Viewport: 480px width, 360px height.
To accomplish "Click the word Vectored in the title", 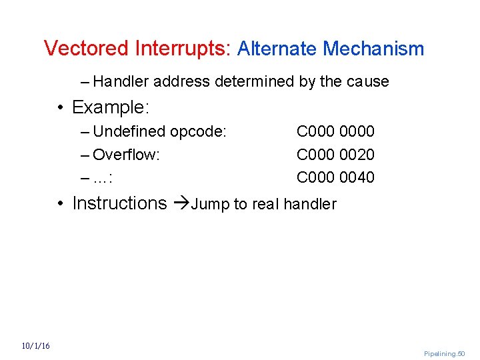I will pyautogui.click(x=86, y=49).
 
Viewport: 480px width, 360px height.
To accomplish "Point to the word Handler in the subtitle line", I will pyautogui.click(x=121, y=82).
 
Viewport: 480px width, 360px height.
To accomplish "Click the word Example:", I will pyautogui.click(x=110, y=107).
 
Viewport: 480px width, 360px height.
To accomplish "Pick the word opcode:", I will pyautogui.click(x=199, y=132).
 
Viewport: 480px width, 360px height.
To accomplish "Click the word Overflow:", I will pyautogui.click(x=127, y=155).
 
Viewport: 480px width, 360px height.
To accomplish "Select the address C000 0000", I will pyautogui.click(x=335, y=132).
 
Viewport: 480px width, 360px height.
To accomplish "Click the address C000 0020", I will pyautogui.click(x=335, y=155).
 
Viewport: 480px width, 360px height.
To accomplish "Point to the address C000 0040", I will pyautogui.click(x=335, y=177).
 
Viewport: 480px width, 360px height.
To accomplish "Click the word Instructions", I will pyautogui.click(x=119, y=203).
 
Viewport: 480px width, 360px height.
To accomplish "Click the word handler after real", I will pyautogui.click(x=311, y=204).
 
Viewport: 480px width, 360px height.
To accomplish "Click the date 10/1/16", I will pyautogui.click(x=36, y=346).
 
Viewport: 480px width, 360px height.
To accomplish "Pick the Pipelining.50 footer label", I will pyautogui.click(x=444, y=353).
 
